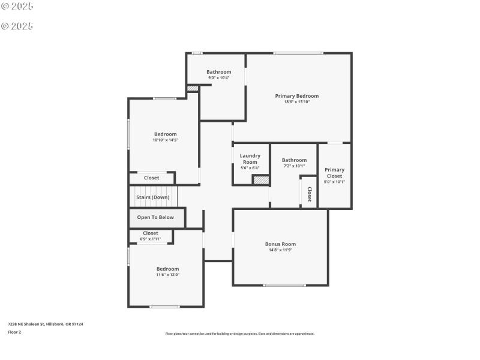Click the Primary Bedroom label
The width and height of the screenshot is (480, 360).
[296, 96]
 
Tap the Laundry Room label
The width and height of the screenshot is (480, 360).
[250, 159]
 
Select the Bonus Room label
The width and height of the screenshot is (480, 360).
[280, 244]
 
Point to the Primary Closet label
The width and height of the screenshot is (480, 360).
[334, 173]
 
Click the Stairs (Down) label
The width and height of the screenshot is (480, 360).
[152, 197]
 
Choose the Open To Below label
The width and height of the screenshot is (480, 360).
[155, 217]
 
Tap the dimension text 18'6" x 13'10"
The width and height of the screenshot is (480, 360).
[296, 102]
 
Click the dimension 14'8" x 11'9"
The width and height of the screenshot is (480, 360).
[280, 250]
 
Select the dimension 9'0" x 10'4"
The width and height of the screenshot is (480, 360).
[218, 78]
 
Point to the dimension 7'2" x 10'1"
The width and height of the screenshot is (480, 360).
[294, 166]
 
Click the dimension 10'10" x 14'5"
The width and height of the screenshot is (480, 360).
[165, 140]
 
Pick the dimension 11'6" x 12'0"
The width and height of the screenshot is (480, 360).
[167, 275]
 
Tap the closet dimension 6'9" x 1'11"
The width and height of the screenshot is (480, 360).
[151, 239]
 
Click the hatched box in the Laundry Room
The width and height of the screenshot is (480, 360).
[260, 180]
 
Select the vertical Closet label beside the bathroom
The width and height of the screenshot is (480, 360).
[310, 194]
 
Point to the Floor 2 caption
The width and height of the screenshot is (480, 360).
[14, 332]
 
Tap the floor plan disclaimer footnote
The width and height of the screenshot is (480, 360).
[239, 334]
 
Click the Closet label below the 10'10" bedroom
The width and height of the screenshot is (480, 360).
[151, 178]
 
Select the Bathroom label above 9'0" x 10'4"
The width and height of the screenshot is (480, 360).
[218, 72]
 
